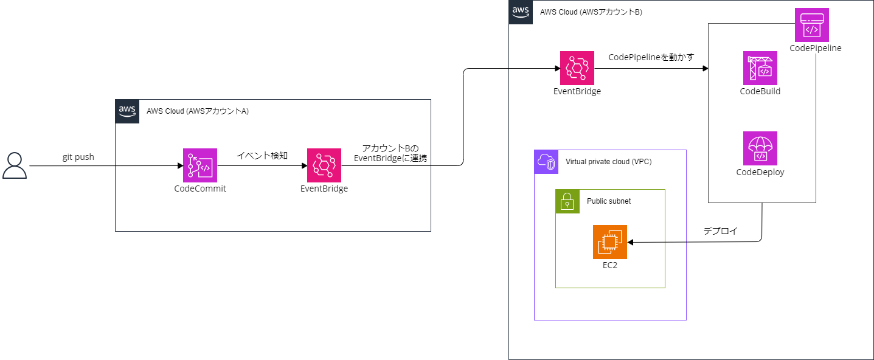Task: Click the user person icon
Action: [15, 165]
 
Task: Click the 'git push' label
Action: [78, 157]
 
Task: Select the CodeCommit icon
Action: [200, 165]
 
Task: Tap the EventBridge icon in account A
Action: [324, 165]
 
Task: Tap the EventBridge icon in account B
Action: [577, 68]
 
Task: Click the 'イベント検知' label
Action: [262, 156]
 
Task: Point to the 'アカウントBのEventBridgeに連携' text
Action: [390, 153]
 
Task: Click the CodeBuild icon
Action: [760, 68]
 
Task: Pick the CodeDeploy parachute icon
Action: [760, 148]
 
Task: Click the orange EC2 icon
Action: [610, 242]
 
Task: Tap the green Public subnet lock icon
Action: [567, 201]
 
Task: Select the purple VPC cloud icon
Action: [546, 162]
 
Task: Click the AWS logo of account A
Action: [127, 111]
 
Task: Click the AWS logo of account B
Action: [521, 12]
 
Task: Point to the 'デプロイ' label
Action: [720, 231]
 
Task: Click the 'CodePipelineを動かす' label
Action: [651, 57]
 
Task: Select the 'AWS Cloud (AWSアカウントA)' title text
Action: [197, 111]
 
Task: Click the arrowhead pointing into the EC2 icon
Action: [631, 242]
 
